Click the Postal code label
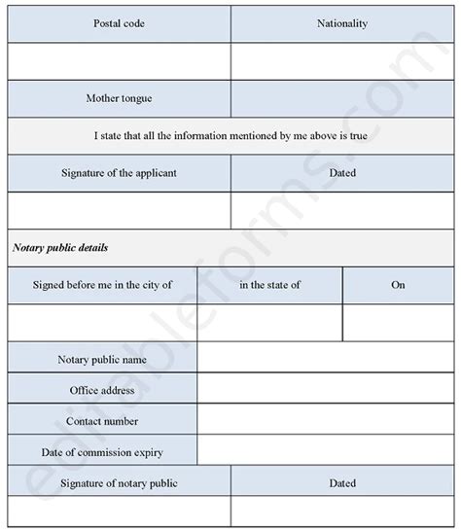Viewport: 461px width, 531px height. [120, 23]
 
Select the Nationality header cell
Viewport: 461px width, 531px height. [342, 23]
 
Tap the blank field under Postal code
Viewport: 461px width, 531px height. [120, 61]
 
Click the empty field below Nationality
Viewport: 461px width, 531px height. [342, 61]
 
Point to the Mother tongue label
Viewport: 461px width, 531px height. [120, 98]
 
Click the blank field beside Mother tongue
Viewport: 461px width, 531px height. [342, 98]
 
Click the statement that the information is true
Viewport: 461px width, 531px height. [230, 135]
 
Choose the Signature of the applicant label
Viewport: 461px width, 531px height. [120, 173]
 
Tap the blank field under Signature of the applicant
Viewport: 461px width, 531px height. [120, 210]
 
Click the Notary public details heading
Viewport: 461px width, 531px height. [60, 248]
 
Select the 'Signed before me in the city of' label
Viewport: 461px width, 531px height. [102, 285]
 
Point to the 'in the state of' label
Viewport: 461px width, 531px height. [269, 285]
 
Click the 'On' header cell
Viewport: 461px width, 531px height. [398, 285]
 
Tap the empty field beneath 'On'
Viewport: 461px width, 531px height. [398, 322]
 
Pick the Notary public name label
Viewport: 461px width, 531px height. [102, 359]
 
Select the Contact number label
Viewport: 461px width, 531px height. [102, 421]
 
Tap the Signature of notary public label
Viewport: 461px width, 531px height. [120, 482]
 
